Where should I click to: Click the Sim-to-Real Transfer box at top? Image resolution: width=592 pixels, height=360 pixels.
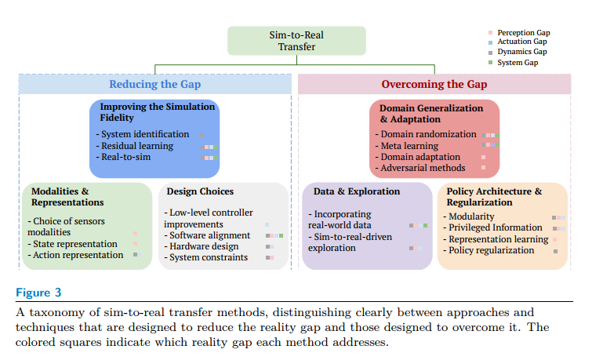pos(296,41)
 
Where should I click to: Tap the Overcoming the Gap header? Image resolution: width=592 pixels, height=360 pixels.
pos(434,84)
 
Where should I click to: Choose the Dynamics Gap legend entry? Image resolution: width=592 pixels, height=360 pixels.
pos(522,52)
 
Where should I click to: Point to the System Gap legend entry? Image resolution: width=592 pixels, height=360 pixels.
pos(518,62)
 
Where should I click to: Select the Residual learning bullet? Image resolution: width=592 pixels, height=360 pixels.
pos(137,146)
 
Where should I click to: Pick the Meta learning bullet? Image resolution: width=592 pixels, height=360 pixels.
pos(411,145)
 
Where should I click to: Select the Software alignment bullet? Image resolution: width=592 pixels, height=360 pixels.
pos(210,235)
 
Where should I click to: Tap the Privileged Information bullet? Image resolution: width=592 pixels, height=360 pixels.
pos(496,227)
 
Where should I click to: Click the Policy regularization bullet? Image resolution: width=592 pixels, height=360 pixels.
pos(491,250)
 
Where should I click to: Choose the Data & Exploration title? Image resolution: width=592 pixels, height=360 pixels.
pos(357,191)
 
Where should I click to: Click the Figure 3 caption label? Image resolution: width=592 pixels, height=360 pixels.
pos(38,293)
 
